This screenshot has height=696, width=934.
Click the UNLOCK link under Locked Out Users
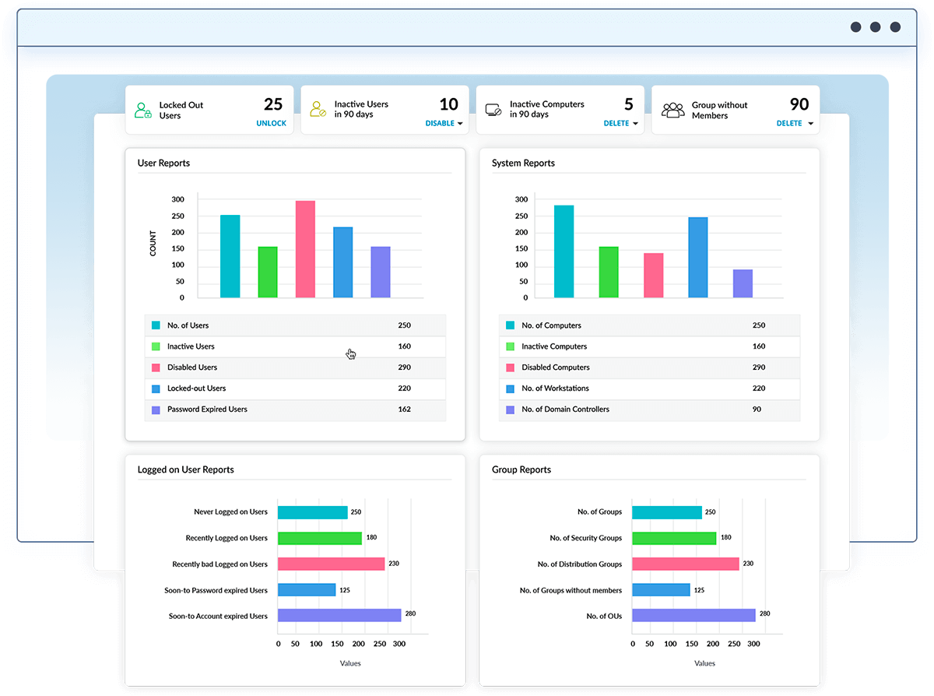pos(271,123)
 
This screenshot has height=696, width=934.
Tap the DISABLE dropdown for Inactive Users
pos(444,123)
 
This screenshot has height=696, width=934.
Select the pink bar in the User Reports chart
pos(305,249)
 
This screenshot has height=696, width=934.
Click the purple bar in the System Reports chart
pos(743,283)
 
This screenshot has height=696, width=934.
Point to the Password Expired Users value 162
pos(404,410)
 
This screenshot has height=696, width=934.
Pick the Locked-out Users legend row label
pos(196,388)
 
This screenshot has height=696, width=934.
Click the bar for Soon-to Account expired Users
pos(339,616)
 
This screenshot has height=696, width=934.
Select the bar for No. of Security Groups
pos(674,538)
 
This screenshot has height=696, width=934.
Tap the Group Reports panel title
pos(521,469)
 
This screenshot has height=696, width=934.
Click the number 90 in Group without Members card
pos(799,104)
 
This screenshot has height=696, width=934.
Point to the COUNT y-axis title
pos(153,244)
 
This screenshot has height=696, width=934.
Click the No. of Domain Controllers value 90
pos(757,410)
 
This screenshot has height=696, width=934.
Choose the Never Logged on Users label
pos(230,512)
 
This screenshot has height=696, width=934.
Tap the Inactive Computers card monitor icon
pos(493,110)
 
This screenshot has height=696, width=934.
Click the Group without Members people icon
pos(672,110)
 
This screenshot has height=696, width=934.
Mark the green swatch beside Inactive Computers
pos(510,346)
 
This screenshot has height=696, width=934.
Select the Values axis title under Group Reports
pos(704,663)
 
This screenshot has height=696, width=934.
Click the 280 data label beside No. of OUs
pos(764,613)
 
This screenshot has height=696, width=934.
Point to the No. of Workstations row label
pos(555,388)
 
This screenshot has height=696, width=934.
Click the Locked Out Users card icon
pos(142,110)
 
